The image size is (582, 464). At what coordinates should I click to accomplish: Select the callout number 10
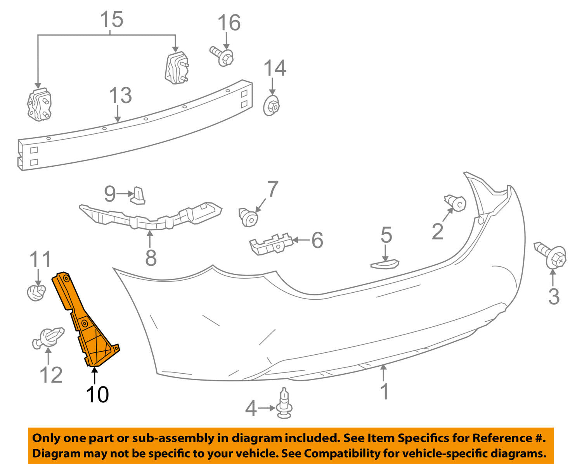[97, 395]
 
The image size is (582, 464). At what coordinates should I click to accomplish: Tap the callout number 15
[112, 19]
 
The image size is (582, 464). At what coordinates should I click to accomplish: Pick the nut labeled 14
[272, 105]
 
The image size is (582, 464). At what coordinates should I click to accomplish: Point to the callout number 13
[120, 95]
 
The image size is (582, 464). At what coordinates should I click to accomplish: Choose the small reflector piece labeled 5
[385, 264]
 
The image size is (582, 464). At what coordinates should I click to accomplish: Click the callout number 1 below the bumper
[384, 392]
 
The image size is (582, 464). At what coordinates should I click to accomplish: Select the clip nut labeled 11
[36, 292]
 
